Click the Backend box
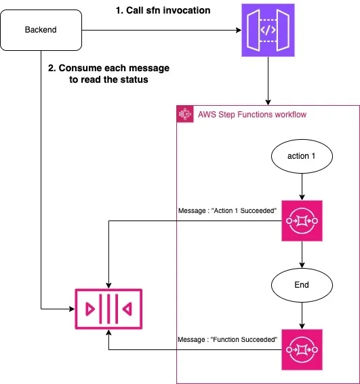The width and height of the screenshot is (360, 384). (x=41, y=30)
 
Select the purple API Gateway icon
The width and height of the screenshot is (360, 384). (x=268, y=30)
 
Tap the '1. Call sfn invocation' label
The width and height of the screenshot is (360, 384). (x=163, y=11)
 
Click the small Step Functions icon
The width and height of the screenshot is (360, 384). (x=185, y=114)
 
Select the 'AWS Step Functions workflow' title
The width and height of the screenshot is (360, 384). (x=252, y=115)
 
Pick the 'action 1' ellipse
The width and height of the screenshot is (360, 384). (x=302, y=156)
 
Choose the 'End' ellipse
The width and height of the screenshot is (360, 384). (x=302, y=285)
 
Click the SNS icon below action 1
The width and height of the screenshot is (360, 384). (x=302, y=221)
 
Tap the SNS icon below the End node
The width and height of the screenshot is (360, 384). (x=302, y=349)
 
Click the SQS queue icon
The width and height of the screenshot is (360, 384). (x=108, y=309)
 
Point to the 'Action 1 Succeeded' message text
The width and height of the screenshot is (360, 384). (x=227, y=210)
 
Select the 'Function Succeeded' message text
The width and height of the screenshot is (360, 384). (x=227, y=339)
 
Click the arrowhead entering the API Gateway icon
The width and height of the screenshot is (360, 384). (x=239, y=30)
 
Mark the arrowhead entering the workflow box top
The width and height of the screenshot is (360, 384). (x=268, y=102)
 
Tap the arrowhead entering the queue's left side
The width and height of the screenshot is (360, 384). (x=72, y=309)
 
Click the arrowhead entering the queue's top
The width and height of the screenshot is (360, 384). (x=108, y=286)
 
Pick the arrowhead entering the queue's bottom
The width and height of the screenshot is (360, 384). (x=108, y=332)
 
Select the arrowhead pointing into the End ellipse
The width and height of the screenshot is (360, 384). (x=302, y=265)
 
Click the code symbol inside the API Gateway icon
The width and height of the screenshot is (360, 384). (x=268, y=30)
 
